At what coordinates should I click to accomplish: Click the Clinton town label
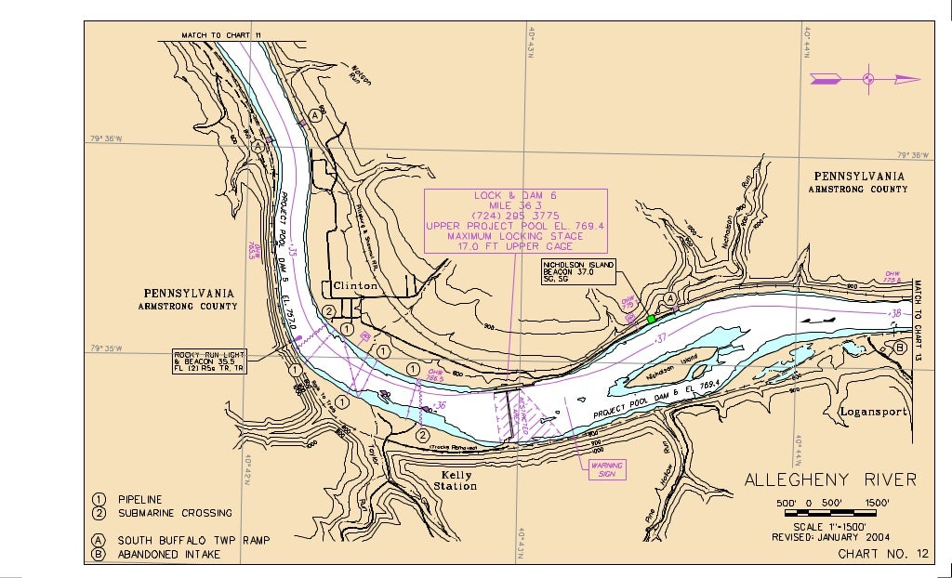(x=355, y=286)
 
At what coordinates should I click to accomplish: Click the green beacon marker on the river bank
(x=651, y=319)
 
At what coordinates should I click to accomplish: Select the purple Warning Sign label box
(x=602, y=469)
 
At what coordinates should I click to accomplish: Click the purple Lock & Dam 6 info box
(x=515, y=221)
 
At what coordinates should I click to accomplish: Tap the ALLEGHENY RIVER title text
(x=830, y=479)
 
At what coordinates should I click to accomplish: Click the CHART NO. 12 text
(x=882, y=554)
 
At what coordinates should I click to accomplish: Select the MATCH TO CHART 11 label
(x=222, y=35)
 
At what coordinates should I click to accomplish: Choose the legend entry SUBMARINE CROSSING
(x=174, y=513)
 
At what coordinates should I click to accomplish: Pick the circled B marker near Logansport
(x=900, y=348)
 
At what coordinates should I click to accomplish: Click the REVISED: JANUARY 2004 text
(x=831, y=537)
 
